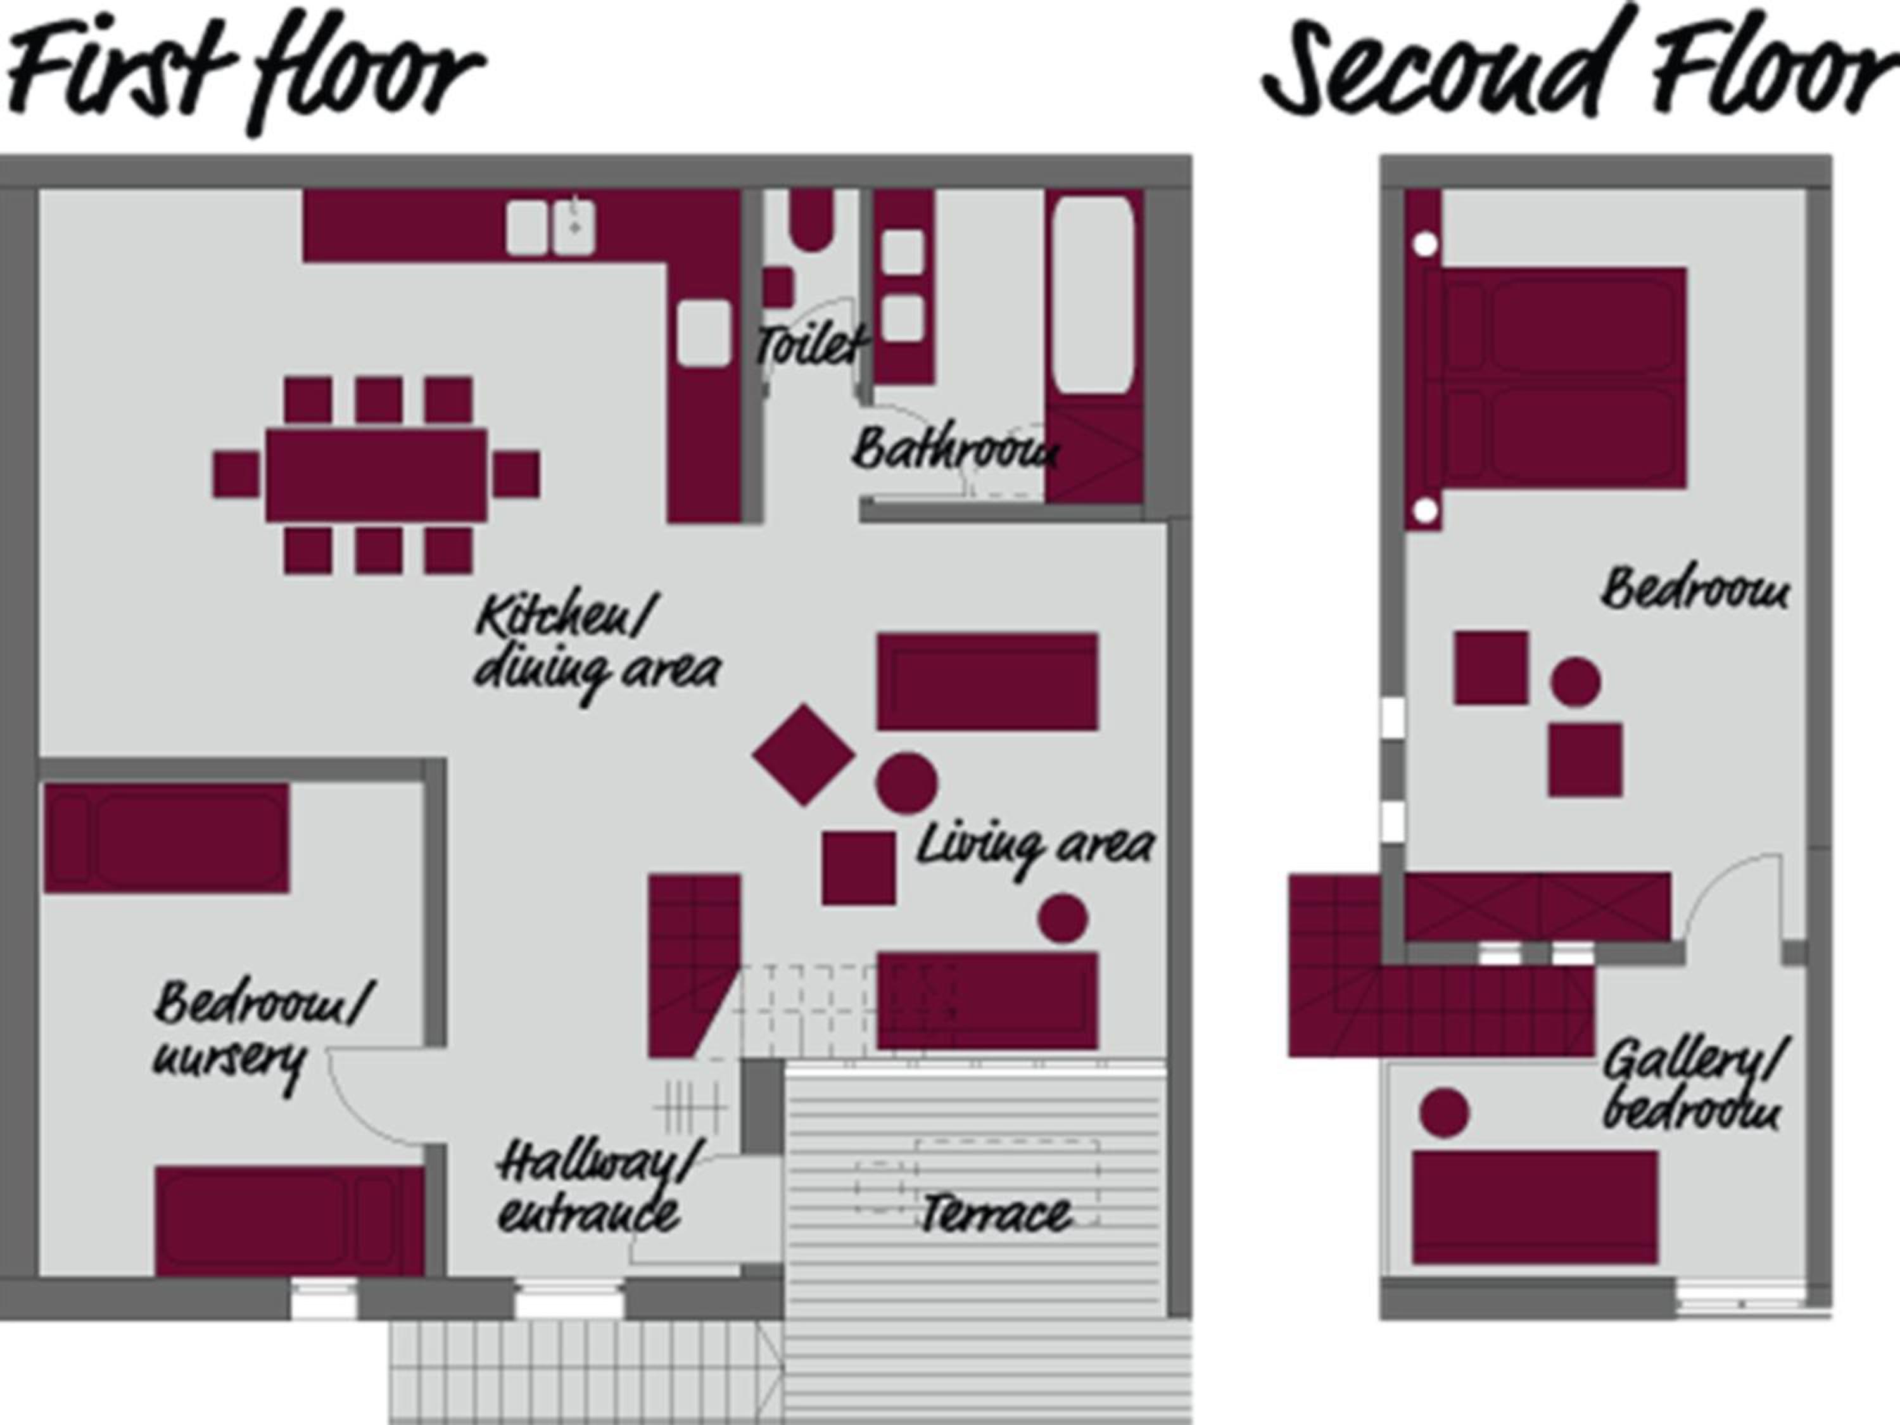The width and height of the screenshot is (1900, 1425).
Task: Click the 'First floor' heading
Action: pos(245,68)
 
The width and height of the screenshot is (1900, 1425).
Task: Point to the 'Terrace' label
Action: pos(996,1213)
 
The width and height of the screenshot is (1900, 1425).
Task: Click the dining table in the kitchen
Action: pos(376,475)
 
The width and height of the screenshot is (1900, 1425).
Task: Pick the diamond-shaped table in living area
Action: pos(804,755)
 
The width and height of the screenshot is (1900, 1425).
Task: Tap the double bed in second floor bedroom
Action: pos(1555,379)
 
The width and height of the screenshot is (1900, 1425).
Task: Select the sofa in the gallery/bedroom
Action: pos(1535,1207)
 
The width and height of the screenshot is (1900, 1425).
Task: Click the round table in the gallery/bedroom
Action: pos(1444,1112)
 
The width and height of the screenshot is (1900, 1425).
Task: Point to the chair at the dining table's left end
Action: pos(236,474)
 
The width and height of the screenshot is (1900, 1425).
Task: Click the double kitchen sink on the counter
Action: pos(550,227)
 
